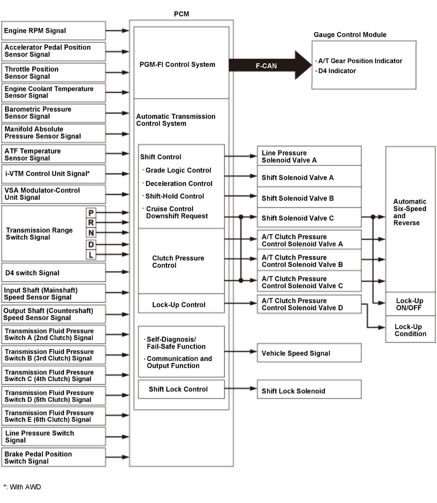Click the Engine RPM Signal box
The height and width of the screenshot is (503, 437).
click(x=54, y=31)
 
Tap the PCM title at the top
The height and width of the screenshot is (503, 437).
click(x=181, y=14)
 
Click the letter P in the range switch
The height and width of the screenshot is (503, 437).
click(x=91, y=212)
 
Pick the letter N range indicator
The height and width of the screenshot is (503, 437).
click(x=91, y=233)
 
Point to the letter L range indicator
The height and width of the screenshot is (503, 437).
click(x=91, y=254)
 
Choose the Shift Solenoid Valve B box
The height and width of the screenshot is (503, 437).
click(x=309, y=198)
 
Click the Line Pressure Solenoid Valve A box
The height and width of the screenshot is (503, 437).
click(x=309, y=156)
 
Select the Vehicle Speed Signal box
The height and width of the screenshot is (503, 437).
click(x=309, y=353)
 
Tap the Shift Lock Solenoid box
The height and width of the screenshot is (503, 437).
click(x=309, y=390)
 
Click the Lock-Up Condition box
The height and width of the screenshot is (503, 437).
click(x=410, y=330)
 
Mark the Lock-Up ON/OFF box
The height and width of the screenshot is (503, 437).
click(x=410, y=304)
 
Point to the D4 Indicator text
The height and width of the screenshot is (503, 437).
click(x=337, y=71)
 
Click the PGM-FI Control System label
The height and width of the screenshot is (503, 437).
click(x=177, y=65)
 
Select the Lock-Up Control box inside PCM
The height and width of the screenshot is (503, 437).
click(x=181, y=304)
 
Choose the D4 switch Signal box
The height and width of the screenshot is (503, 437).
click(x=54, y=273)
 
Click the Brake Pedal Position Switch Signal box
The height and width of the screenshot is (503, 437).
click(x=54, y=457)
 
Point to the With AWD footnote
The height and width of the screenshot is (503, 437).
click(x=23, y=487)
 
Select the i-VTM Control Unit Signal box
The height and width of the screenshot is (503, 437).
click(x=54, y=173)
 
